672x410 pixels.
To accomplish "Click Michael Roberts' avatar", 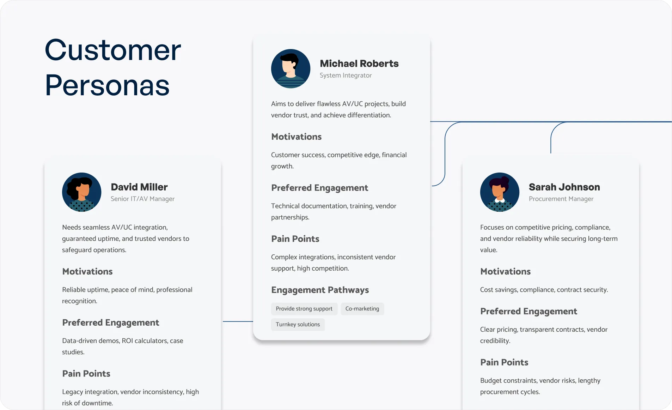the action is pos(291,68).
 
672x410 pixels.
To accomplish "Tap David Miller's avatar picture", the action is pos(82,192).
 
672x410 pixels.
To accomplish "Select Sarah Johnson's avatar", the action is pos(500,192).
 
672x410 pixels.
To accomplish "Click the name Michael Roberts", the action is pos(359,64).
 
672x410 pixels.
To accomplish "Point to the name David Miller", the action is pos(139,187).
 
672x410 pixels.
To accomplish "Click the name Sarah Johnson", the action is pos(564,187).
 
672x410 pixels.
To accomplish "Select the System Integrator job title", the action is pos(346,76).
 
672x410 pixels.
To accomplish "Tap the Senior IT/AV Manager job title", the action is pos(142,199).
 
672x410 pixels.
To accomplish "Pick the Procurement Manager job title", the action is pos(561,199).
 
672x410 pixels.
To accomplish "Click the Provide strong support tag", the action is pos(304,309).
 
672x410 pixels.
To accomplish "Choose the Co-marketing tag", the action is pos(362,309).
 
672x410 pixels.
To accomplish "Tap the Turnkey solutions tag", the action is pos(298,325).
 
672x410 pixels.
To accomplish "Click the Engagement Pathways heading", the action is pos(320,290).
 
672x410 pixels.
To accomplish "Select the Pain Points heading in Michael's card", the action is pos(295,239).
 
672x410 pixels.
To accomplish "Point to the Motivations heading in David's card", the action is pos(87,272).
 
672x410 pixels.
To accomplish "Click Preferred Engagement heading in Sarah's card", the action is pos(529,312).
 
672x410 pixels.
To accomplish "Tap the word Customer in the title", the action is pos(113,50).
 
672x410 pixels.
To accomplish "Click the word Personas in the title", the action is pos(107,85).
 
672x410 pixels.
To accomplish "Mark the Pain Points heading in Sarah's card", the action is pos(504,362).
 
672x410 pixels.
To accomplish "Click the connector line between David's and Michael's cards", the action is pos(238,321).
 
